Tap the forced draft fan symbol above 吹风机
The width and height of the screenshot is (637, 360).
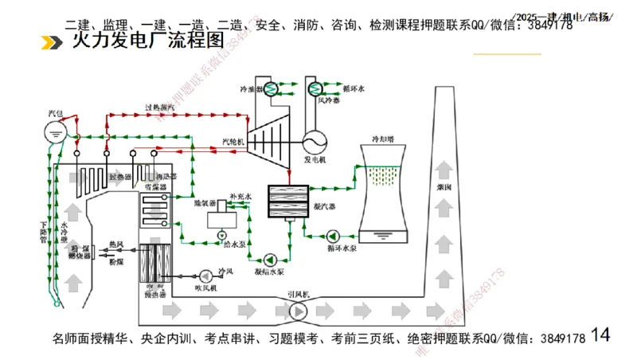pyautogui.click(x=206, y=273)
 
